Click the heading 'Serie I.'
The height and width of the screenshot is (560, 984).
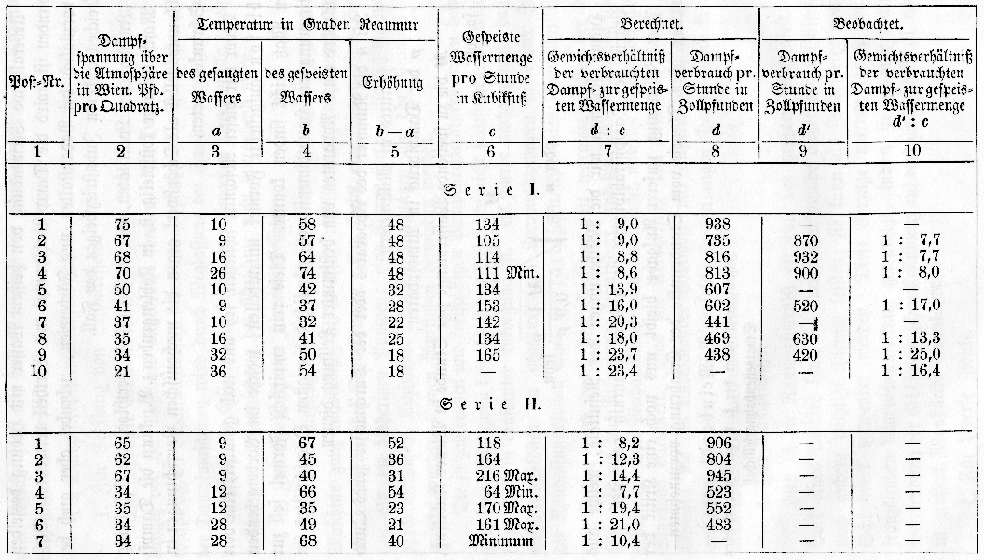491,190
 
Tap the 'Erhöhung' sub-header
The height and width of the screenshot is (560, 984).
392,82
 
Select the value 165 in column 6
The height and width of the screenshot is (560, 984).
496,354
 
